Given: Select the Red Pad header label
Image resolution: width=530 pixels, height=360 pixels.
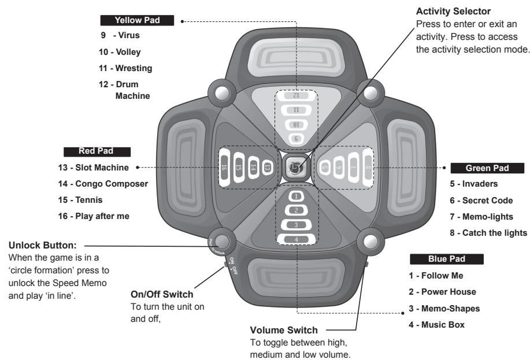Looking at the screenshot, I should [97, 151].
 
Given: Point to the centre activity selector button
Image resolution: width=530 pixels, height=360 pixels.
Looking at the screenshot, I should [295, 167].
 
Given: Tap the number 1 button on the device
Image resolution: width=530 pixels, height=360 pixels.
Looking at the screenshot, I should [296, 196].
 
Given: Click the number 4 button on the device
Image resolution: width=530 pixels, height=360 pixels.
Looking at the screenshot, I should [296, 238].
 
